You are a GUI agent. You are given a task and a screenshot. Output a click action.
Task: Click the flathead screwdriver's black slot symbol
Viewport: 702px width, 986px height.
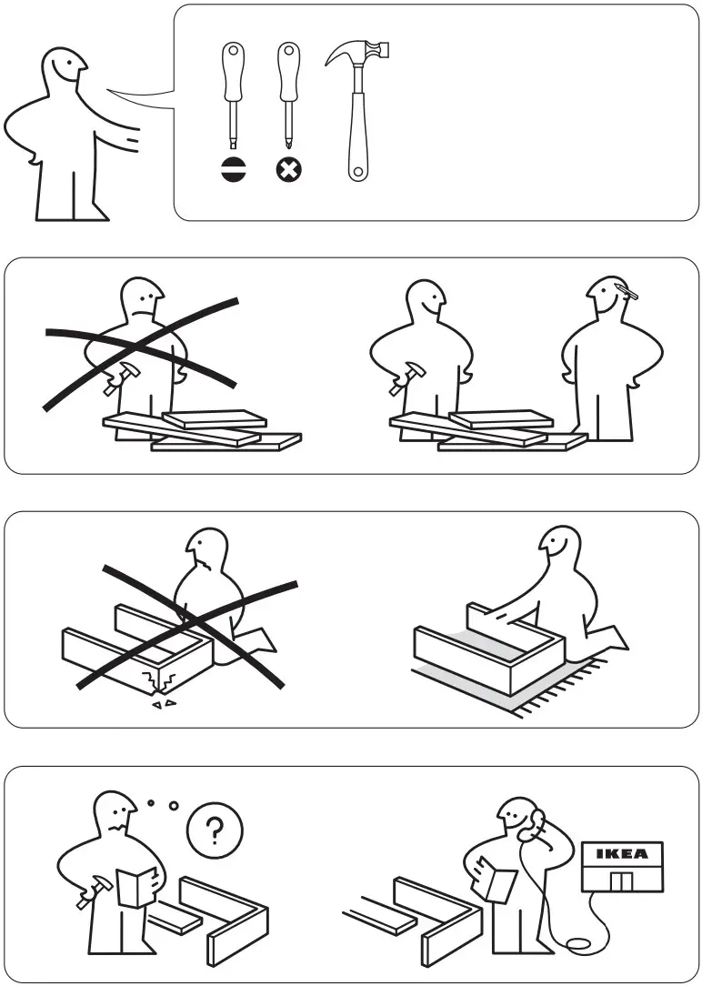[x=233, y=169]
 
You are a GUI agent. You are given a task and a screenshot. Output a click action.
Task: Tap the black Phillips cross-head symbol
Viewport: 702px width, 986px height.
[x=289, y=169]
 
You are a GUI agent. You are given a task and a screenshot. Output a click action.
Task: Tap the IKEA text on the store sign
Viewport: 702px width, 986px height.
[x=622, y=854]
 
